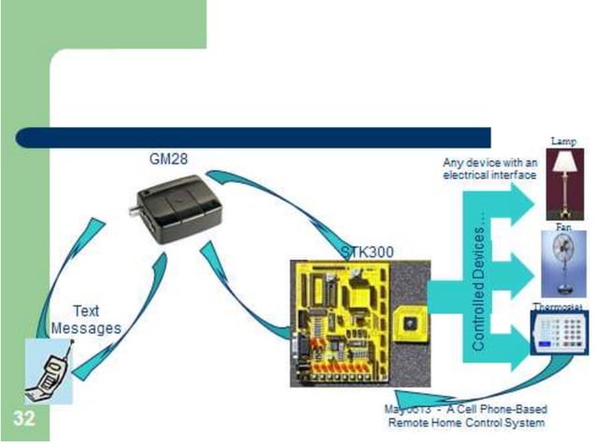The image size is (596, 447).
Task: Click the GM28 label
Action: pyautogui.click(x=168, y=159)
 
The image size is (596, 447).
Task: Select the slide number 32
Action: pyautogui.click(x=24, y=418)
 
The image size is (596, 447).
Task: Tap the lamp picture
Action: pyautogui.click(x=564, y=183)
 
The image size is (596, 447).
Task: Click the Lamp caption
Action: pyautogui.click(x=563, y=141)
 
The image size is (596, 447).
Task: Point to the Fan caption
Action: pyautogui.click(x=563, y=227)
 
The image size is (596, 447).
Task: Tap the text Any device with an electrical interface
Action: pyautogui.click(x=490, y=168)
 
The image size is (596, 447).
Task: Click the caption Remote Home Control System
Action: pyautogui.click(x=466, y=423)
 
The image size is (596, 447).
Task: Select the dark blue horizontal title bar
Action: pyautogui.click(x=252, y=137)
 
